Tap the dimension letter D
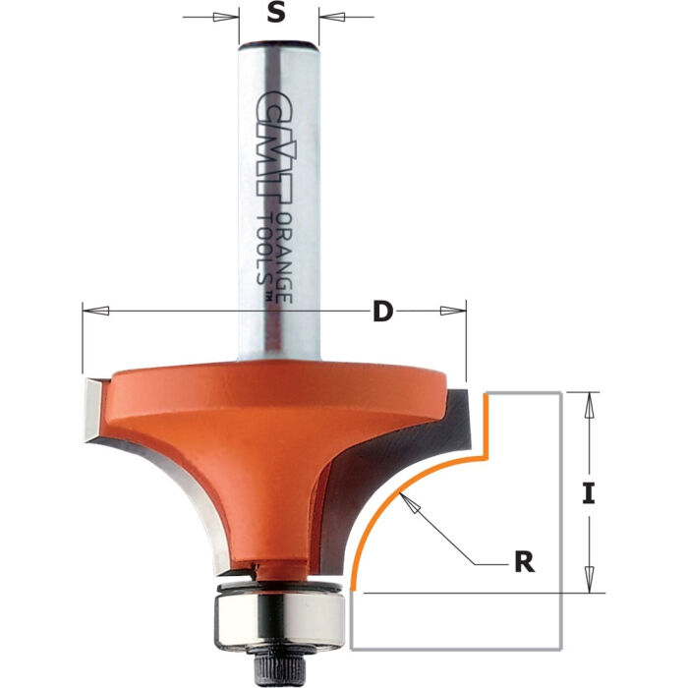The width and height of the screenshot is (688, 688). pyautogui.click(x=382, y=312)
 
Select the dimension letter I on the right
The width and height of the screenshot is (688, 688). pyautogui.click(x=588, y=493)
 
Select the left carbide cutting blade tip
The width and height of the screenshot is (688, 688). pyautogui.click(x=90, y=405)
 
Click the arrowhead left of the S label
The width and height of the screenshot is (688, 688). pyautogui.click(x=227, y=16)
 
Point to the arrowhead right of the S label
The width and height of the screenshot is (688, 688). pyautogui.click(x=330, y=16)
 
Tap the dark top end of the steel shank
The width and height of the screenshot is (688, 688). pyautogui.click(x=278, y=44)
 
